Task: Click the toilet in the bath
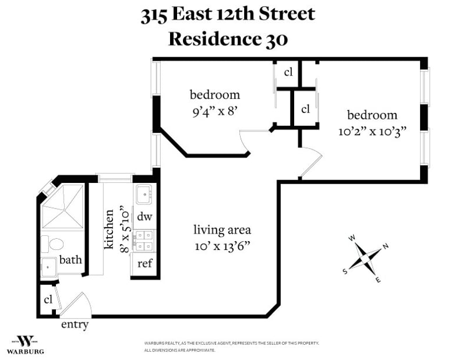coord(52,244)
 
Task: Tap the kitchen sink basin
coord(144,195)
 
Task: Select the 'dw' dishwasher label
coord(144,217)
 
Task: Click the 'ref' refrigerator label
coord(144,263)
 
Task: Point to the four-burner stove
coord(144,241)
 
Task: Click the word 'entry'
coord(75,324)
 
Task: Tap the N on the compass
coord(386,246)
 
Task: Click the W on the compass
coord(352,238)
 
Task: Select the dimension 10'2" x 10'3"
coord(372,132)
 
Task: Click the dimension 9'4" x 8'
coord(215,112)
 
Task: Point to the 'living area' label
coord(223,230)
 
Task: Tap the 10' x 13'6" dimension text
coord(223,246)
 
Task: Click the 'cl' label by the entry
coord(48,299)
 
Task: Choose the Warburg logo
coord(25,345)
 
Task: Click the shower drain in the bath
coord(64,210)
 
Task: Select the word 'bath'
coord(70,260)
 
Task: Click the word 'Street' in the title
coord(287,14)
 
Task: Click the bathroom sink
coord(48,267)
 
